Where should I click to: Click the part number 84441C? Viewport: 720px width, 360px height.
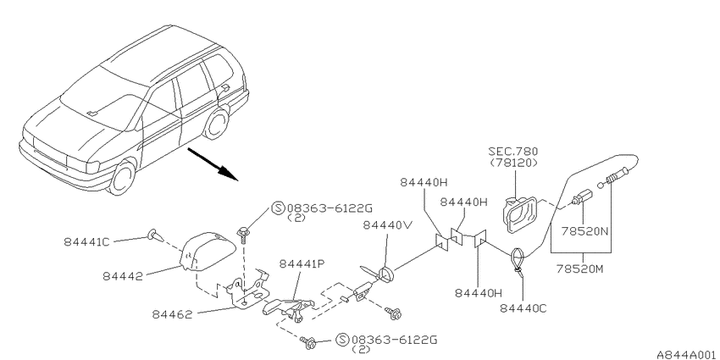pos(86,241)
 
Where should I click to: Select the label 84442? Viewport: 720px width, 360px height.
pos(123,276)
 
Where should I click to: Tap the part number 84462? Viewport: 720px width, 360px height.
pos(172,314)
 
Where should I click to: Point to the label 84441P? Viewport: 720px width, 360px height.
pos(302,264)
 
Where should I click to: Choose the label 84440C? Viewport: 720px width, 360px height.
pos(523,308)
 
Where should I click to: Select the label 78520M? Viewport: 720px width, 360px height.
pos(580,269)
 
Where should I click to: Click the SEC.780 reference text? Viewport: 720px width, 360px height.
pos(513,152)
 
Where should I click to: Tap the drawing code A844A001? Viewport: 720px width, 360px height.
pos(688,354)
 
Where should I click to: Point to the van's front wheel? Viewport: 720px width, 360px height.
pos(121,176)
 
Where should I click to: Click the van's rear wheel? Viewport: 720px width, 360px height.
pos(216,123)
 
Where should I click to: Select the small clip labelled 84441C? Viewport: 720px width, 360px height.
pos(154,235)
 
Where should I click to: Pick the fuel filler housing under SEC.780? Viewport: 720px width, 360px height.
pos(519,214)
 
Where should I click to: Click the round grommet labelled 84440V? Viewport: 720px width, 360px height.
pos(385,274)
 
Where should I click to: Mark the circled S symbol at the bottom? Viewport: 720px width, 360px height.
pos(342,341)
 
